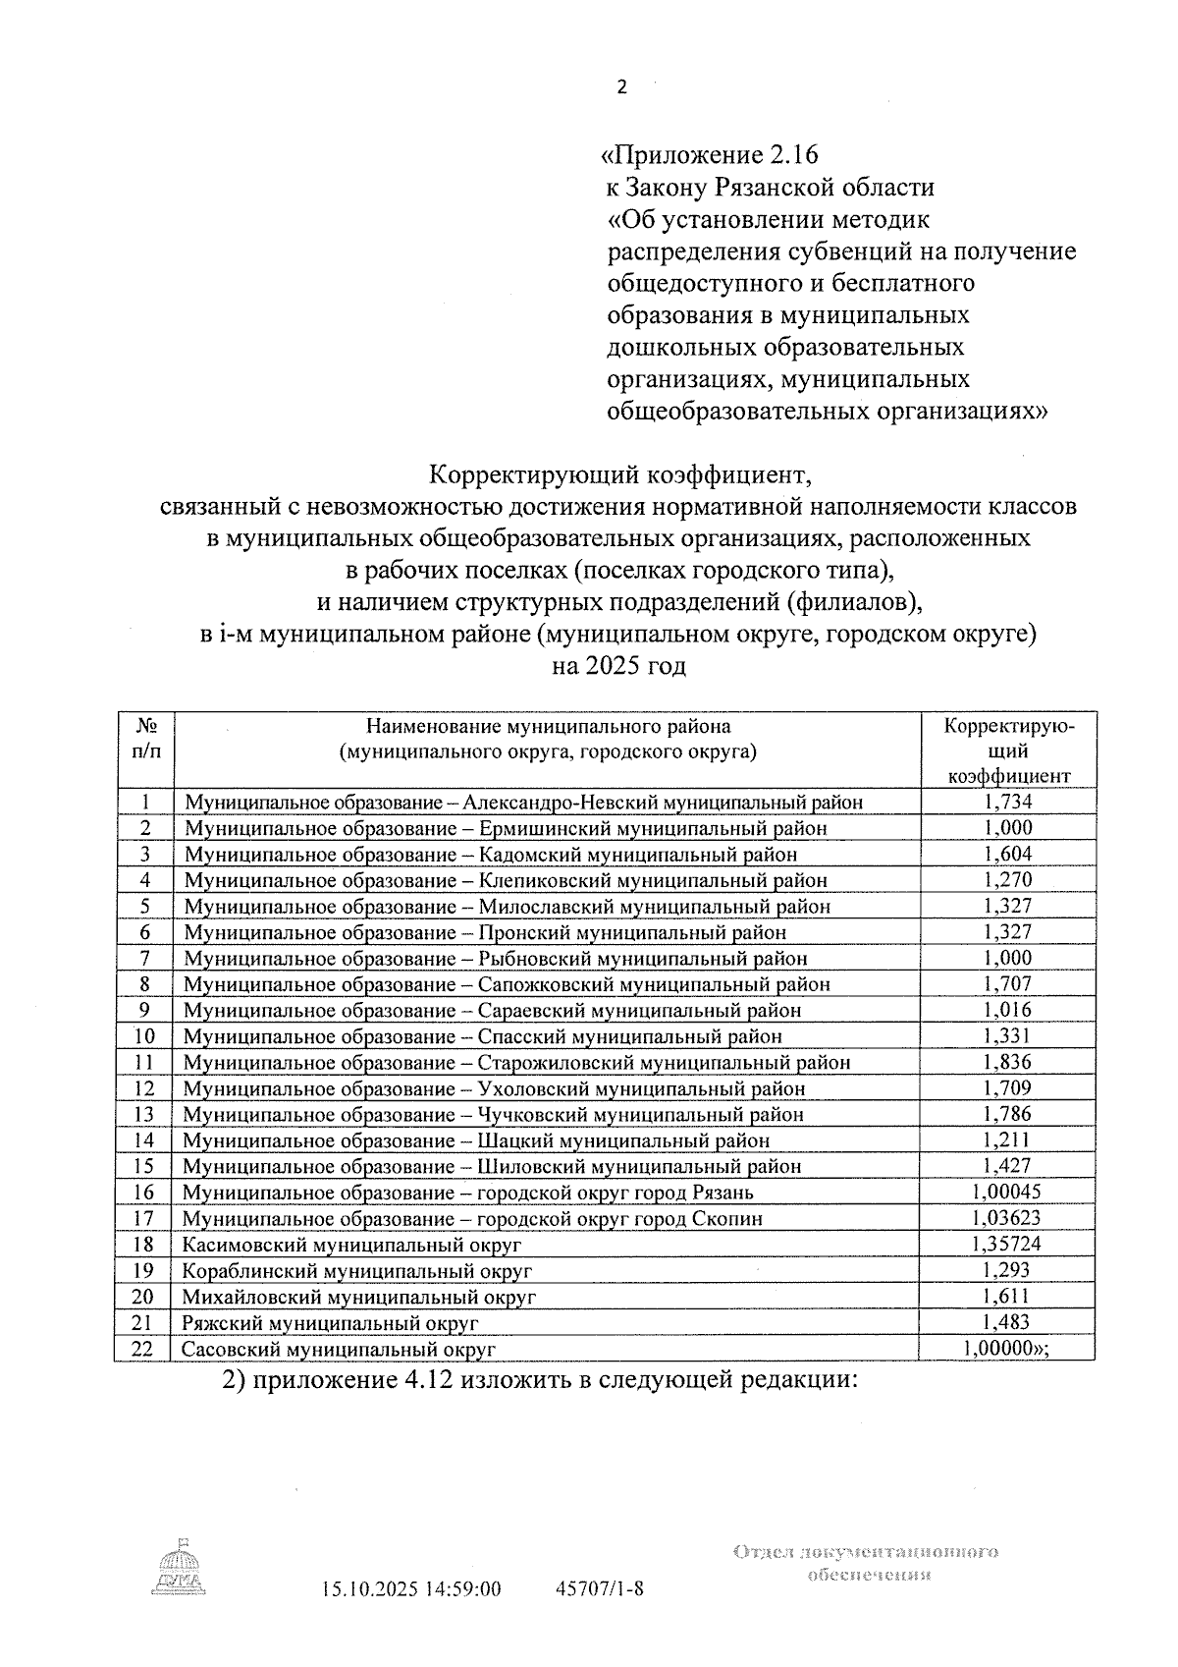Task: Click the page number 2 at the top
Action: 620,87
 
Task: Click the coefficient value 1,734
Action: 1008,802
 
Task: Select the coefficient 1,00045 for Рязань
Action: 1008,1192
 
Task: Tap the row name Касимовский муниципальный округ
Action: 351,1245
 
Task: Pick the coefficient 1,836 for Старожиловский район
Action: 1008,1062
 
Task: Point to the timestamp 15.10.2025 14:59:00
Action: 411,1588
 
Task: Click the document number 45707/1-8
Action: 599,1588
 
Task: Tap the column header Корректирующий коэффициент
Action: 1008,750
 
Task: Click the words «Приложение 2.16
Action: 709,155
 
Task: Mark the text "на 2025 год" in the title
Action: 618,666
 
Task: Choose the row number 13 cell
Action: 145,1114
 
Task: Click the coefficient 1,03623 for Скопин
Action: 1008,1218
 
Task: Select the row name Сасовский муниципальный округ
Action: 339,1349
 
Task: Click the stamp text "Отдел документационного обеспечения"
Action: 865,1563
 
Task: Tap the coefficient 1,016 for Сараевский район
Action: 1008,1010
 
